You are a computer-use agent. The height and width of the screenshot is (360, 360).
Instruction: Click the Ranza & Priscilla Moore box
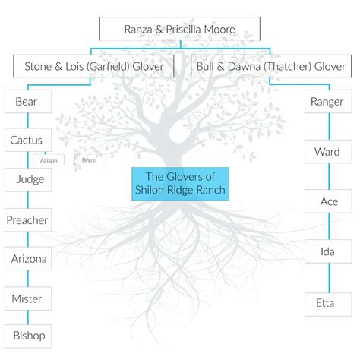(180, 29)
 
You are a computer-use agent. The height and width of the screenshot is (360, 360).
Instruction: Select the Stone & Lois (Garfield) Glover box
(93, 66)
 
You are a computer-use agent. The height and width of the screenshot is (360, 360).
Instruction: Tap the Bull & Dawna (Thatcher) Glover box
(271, 66)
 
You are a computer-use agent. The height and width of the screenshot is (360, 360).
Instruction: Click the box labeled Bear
(28, 101)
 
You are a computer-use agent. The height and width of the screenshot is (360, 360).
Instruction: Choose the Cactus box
(28, 140)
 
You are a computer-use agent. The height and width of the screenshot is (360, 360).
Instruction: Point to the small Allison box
(49, 160)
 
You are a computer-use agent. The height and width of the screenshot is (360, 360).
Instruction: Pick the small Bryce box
(90, 160)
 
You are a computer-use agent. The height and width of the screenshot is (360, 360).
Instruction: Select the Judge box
(28, 179)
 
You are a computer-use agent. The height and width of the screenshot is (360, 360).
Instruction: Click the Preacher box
(28, 220)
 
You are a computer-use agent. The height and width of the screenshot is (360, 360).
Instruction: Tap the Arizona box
(28, 258)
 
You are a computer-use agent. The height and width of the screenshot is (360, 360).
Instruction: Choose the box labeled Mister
(28, 298)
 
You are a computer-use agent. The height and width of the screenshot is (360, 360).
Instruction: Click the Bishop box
(28, 336)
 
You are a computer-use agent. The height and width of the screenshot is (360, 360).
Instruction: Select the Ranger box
(328, 101)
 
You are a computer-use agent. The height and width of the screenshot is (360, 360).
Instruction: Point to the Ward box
(328, 151)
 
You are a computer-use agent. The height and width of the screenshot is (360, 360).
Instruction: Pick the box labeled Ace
(328, 201)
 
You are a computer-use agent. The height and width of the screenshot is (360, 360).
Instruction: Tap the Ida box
(328, 251)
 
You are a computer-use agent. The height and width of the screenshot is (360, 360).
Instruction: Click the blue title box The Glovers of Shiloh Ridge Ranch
(181, 184)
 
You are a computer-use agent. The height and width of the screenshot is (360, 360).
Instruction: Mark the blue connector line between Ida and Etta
(329, 278)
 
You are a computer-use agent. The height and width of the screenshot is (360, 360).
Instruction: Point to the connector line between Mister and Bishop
(28, 317)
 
